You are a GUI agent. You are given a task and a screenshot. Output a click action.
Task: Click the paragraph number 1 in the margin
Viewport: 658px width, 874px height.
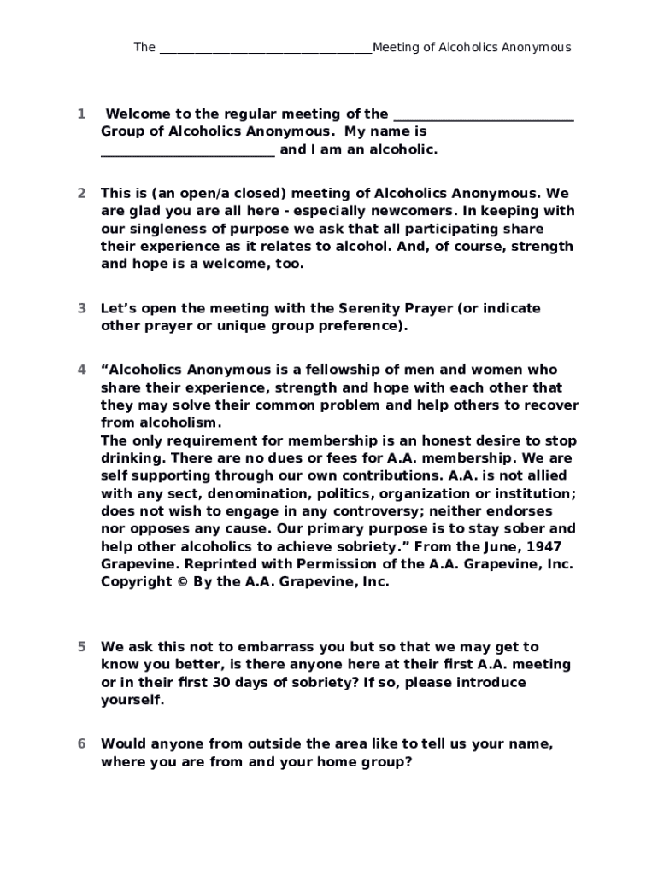tap(80, 114)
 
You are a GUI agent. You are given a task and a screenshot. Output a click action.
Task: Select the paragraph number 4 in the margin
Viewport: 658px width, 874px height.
tap(81, 370)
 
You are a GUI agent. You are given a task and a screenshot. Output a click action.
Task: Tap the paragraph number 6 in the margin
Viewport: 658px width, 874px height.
tap(81, 743)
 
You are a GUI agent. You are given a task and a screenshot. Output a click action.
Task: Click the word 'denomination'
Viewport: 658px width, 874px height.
tap(261, 493)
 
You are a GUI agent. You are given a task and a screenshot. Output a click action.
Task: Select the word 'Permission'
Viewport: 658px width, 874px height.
tap(335, 564)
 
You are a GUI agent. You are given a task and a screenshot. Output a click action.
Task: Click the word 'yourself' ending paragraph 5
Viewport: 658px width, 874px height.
tap(132, 700)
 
